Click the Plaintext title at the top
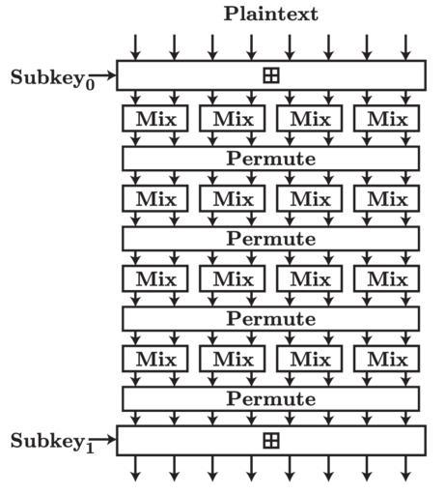pyautogui.click(x=271, y=15)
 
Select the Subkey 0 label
pyautogui.click(x=52, y=78)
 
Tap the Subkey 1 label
pyautogui.click(x=52, y=442)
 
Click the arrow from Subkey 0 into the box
pyautogui.click(x=102, y=75)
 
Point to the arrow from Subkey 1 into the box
pyautogui.click(x=102, y=439)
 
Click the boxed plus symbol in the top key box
pyautogui.click(x=271, y=75)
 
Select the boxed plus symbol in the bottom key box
pyautogui.click(x=271, y=441)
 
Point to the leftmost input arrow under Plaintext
pyautogui.click(x=136, y=47)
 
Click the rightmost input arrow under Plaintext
pyautogui.click(x=405, y=47)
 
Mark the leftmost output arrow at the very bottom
pyautogui.click(x=136, y=468)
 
